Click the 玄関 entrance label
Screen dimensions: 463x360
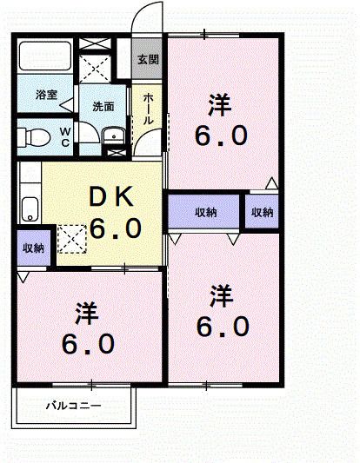tap(148, 60)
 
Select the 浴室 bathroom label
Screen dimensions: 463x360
tap(46, 96)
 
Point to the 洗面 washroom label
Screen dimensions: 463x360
tap(103, 106)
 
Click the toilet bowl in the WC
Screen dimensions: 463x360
tap(35, 136)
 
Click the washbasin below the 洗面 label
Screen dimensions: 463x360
tap(112, 136)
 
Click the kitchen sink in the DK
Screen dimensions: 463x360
tap(30, 208)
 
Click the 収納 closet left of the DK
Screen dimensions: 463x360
tap(33, 248)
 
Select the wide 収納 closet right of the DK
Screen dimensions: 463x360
tap(205, 212)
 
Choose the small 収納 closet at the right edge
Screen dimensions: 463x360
tap(262, 212)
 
